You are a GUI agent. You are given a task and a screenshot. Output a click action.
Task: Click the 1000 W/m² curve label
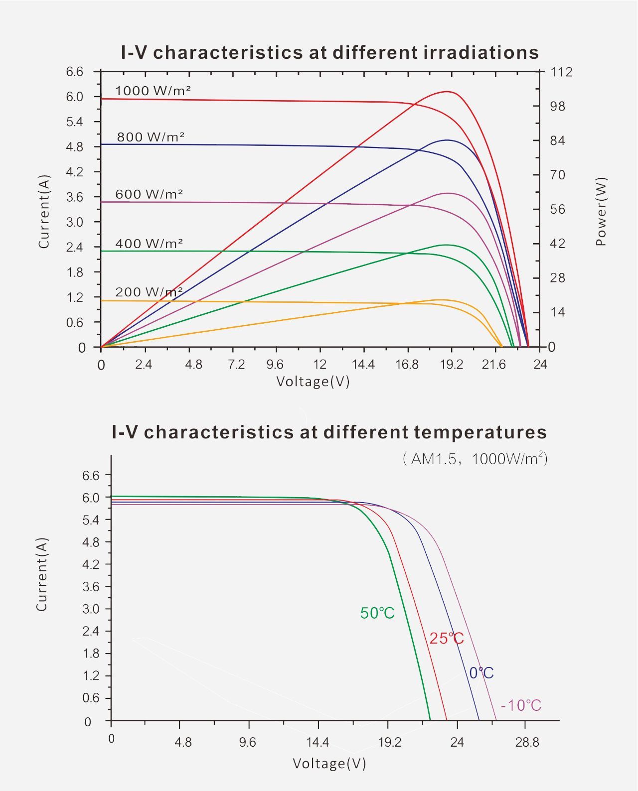click(153, 91)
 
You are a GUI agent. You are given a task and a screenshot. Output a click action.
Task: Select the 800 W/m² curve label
click(151, 137)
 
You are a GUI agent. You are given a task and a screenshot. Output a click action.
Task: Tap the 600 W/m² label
click(149, 194)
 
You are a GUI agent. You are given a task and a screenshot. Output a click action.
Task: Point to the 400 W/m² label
click(149, 244)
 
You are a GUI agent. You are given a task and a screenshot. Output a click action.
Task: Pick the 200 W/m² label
click(149, 292)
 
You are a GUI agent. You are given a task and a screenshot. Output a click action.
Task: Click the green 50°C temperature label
click(377, 613)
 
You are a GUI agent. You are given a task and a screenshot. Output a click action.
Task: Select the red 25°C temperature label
click(447, 638)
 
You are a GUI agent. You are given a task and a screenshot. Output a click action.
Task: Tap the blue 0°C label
click(481, 673)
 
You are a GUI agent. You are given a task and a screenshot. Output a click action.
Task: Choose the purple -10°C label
click(521, 705)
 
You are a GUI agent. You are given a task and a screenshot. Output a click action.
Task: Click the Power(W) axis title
click(601, 211)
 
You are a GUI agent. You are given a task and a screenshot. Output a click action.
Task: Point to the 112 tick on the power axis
click(561, 72)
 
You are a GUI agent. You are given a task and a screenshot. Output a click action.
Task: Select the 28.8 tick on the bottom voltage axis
click(527, 743)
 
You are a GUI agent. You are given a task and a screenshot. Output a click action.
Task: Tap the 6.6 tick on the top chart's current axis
click(75, 72)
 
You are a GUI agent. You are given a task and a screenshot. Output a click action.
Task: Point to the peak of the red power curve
click(447, 92)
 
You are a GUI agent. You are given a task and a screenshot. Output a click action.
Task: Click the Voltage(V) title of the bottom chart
click(329, 763)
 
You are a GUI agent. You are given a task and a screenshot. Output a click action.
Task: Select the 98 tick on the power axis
click(558, 107)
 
